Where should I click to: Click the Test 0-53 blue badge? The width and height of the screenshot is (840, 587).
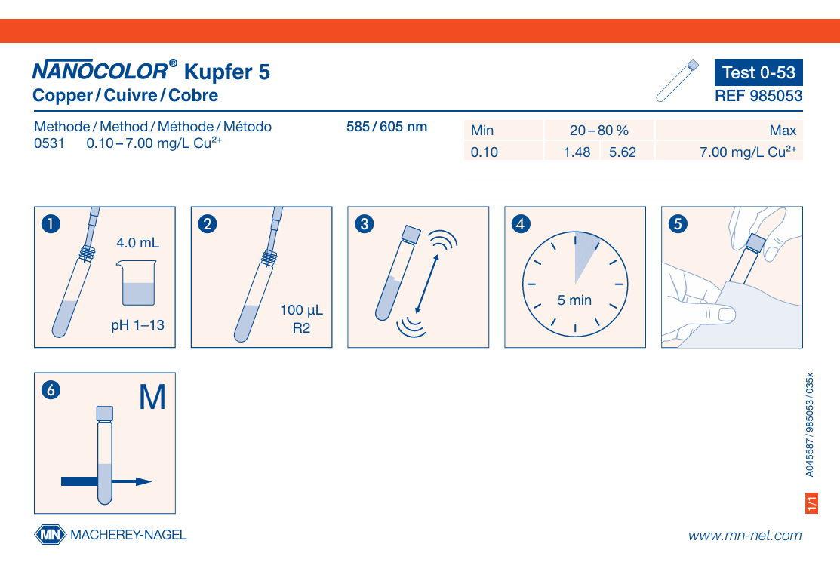coord(758,72)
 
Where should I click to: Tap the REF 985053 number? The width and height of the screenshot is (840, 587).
coord(758,96)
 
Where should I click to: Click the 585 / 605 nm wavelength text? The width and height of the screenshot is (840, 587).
coord(386,127)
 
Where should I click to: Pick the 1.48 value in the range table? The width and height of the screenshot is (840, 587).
coord(577,152)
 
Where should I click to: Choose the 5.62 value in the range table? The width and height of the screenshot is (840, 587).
coord(623,152)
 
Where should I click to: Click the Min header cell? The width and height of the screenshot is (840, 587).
coord(482,130)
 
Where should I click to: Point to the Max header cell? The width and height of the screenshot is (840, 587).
coord(783,130)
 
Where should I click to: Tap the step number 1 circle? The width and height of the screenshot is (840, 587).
coord(51,224)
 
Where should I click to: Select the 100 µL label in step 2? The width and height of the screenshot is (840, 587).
coord(302,310)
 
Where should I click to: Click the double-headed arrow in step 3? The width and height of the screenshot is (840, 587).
coord(427,284)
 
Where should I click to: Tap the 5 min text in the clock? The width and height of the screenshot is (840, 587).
coord(574,300)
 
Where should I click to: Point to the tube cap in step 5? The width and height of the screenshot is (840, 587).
coord(756,243)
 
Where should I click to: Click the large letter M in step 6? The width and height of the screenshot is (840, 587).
coord(152,398)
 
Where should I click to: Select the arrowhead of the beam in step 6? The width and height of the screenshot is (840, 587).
coord(143,481)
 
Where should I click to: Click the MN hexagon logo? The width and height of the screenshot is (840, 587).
coord(51,534)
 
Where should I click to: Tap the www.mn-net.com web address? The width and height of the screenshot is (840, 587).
coord(745,536)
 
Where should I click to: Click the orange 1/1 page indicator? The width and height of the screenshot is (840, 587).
coord(811,503)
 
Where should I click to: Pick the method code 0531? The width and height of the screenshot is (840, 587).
coord(49,143)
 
